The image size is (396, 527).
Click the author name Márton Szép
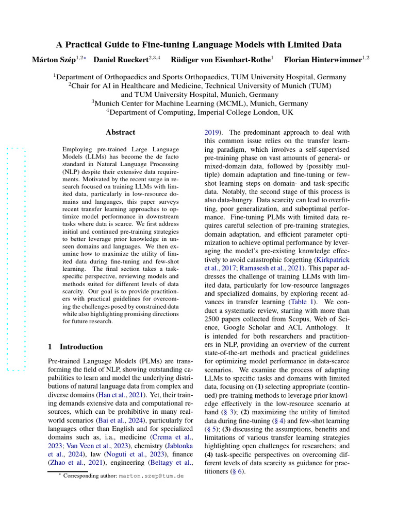click(x=53, y=60)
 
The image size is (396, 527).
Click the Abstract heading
click(x=120, y=132)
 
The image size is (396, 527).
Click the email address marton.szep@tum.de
click(x=151, y=477)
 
